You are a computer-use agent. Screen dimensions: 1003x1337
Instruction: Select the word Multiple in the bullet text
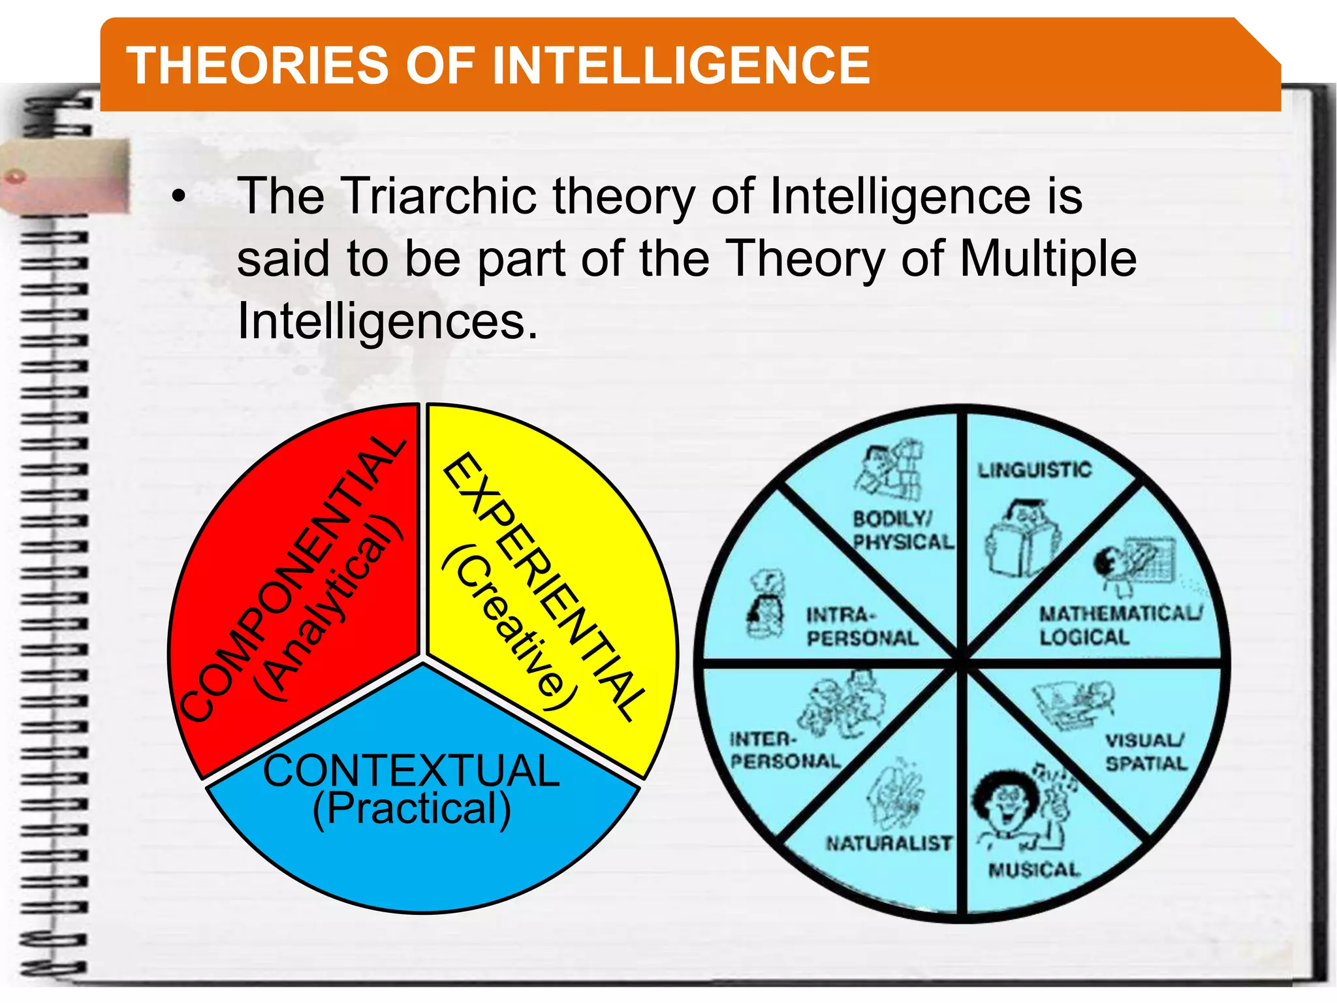pyautogui.click(x=1048, y=259)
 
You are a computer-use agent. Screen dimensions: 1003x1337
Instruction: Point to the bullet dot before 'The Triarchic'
pyautogui.click(x=178, y=197)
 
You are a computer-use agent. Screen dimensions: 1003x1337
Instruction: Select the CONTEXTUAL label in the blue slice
pyautogui.click(x=411, y=771)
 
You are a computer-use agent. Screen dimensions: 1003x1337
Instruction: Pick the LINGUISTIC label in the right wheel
pyautogui.click(x=1034, y=470)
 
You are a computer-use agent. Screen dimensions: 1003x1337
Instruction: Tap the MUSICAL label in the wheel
pyautogui.click(x=1034, y=870)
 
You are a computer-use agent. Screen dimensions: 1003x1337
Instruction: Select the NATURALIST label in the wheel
pyautogui.click(x=889, y=843)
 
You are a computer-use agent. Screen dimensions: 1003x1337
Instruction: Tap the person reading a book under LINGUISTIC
pyautogui.click(x=1022, y=539)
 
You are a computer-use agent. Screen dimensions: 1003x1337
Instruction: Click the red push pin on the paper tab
pyautogui.click(x=15, y=176)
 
